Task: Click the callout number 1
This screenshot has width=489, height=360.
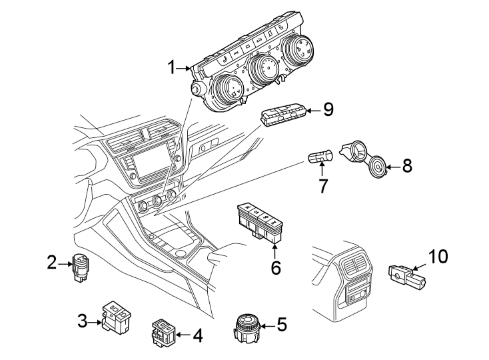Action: click(172, 67)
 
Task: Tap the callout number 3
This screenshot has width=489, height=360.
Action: click(83, 321)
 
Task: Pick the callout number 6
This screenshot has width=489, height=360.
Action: click(275, 267)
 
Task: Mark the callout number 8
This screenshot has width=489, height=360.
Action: click(406, 166)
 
